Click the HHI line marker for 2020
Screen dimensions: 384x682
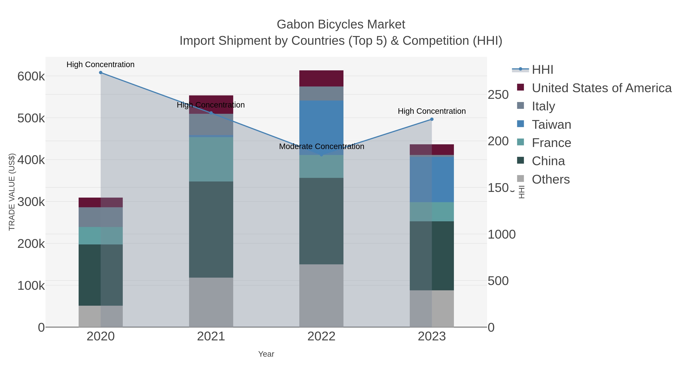coord(101,73)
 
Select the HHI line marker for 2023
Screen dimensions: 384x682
coord(432,119)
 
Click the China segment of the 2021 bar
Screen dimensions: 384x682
coord(211,229)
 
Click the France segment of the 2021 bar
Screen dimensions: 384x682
coord(211,159)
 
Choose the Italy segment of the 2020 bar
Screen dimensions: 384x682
coord(101,217)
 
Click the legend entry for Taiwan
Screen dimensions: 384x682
coord(551,125)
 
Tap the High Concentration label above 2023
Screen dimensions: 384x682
coord(432,111)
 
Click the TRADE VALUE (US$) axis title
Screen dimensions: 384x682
coord(12,192)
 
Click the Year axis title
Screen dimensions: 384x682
coord(266,354)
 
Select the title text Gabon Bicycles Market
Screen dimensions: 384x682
coord(341,24)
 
